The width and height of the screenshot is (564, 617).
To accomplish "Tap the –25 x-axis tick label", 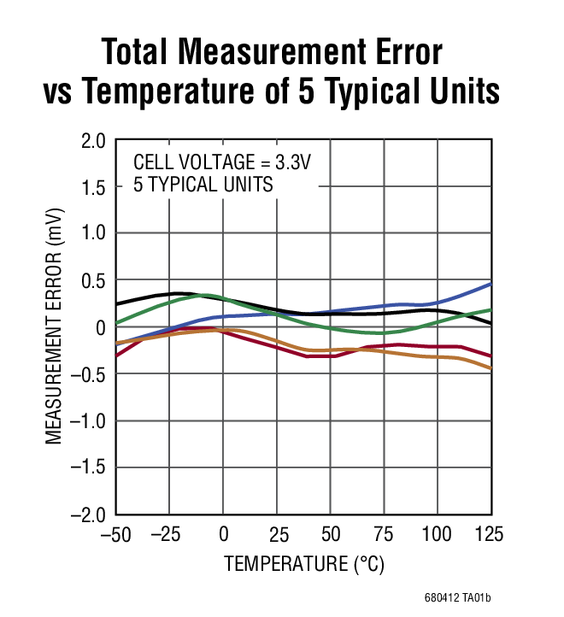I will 169,536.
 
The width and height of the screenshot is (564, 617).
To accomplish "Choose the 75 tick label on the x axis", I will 384,536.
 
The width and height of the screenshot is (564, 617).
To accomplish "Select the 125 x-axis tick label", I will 489,536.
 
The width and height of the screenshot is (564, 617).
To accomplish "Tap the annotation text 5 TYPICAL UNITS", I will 203,184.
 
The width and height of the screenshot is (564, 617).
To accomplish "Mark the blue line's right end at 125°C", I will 491,283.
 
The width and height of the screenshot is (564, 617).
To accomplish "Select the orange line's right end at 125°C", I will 491,368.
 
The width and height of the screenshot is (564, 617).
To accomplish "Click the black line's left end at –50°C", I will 117,304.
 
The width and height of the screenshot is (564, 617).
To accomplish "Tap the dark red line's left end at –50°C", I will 117,355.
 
